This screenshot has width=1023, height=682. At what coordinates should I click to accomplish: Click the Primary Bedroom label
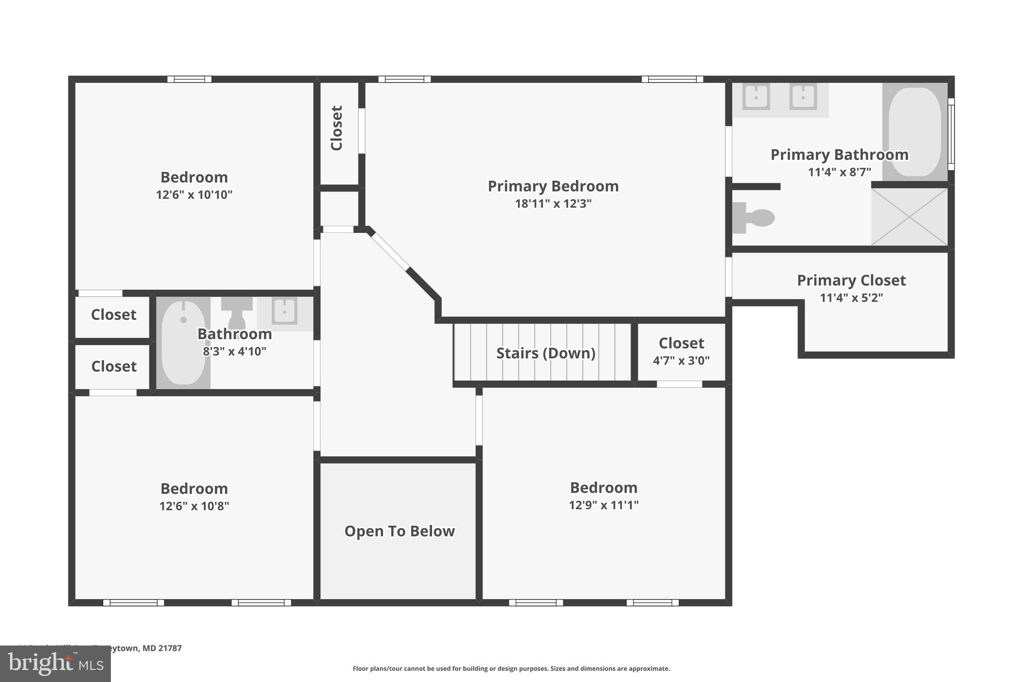click(x=553, y=186)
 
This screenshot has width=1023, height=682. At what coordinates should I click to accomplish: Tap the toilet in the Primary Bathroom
click(x=754, y=218)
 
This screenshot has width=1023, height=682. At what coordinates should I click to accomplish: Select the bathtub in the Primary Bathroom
click(x=914, y=131)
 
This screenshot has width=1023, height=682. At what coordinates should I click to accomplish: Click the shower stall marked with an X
click(x=909, y=217)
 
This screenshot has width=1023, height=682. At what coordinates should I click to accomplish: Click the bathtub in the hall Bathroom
click(x=183, y=343)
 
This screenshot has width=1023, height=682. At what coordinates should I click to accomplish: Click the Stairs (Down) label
click(x=545, y=353)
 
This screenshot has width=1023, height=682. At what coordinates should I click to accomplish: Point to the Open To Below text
click(x=399, y=531)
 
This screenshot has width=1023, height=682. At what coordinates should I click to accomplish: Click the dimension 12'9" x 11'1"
click(x=603, y=505)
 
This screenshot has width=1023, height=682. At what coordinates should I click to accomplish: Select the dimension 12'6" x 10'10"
click(x=194, y=195)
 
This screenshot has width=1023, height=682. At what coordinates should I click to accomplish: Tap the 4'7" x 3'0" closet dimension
click(x=681, y=361)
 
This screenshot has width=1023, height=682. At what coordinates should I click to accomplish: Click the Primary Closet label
click(x=851, y=280)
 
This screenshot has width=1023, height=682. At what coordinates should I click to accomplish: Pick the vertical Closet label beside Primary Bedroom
click(x=337, y=128)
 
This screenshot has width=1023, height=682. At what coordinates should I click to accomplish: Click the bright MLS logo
click(x=55, y=664)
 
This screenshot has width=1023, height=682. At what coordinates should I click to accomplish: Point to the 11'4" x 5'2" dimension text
click(x=851, y=298)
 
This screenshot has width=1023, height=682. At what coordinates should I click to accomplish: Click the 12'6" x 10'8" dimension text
click(x=194, y=506)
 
